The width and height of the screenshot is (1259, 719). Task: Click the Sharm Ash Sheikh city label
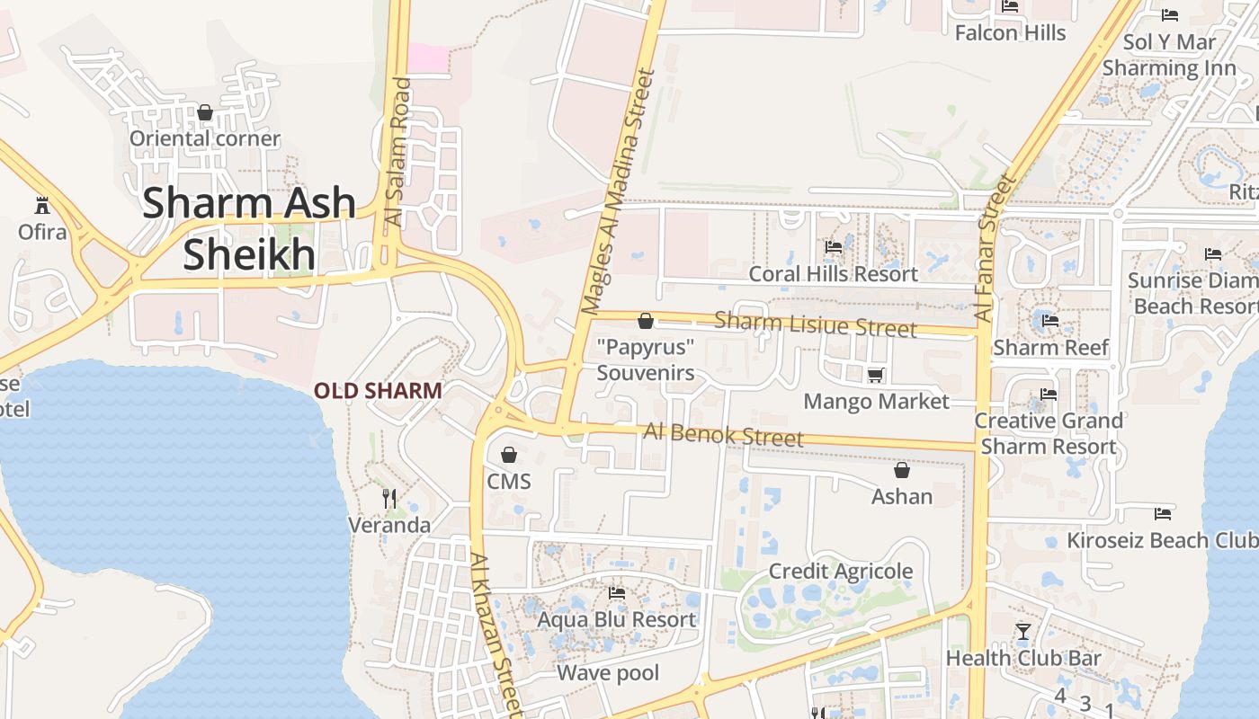tap(249, 228)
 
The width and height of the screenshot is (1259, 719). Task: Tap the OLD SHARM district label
tap(378, 391)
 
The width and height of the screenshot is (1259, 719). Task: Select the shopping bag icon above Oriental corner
tap(205, 112)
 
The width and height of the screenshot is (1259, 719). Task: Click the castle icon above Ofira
tap(41, 204)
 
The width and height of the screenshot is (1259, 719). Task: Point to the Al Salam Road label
tap(397, 153)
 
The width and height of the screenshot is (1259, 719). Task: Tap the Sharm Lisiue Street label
tap(816, 324)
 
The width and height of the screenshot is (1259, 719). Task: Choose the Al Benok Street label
tap(723, 435)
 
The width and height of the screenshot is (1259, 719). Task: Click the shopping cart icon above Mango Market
tap(876, 375)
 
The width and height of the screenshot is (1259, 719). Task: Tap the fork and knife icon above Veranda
tap(389, 498)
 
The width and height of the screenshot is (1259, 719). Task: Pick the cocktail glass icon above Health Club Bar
tap(1022, 632)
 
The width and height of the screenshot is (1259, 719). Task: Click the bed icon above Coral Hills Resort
tap(834, 247)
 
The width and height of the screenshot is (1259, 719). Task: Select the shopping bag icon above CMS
tap(509, 455)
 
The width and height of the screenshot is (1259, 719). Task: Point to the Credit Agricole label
tap(840, 572)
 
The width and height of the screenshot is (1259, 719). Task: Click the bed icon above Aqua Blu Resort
tap(617, 593)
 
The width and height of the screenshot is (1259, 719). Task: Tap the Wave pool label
tap(608, 673)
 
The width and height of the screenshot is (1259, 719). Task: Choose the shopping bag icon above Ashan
tap(902, 470)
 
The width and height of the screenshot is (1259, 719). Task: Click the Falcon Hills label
tap(1010, 33)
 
